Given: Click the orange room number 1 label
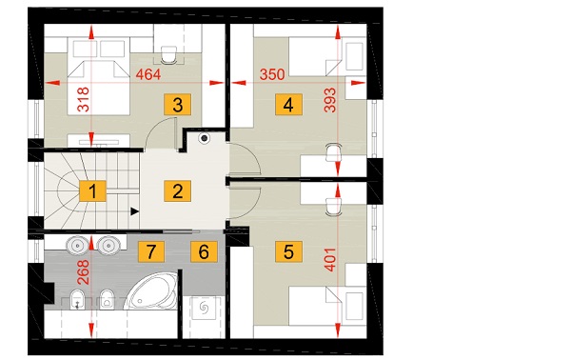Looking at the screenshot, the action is pos(93,190).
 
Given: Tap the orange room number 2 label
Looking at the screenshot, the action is pos(177,190).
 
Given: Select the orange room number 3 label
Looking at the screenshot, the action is pos(177,105).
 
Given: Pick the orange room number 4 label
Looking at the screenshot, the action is pos(288,105).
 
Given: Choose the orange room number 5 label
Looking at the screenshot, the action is pos(288,251).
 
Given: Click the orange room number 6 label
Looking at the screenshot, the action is pos(204,251).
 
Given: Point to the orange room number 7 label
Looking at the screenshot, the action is pos(151,251).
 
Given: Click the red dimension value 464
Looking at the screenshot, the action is pos(148,74).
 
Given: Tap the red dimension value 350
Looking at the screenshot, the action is pos(272,74).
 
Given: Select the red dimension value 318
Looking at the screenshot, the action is pos(84,99).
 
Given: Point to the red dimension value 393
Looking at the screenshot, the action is pos(330,100).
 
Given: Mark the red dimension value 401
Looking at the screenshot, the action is pos(330,259).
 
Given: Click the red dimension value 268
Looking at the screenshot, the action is pos(84,271).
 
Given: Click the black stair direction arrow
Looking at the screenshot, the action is pos(135,211).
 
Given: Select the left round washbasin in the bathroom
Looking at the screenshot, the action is pos(78,245).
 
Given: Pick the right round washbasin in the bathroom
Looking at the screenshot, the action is pos(108,245).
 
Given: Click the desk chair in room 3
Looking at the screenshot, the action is pos(168,54).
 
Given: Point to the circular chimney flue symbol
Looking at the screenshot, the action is pos(205,138).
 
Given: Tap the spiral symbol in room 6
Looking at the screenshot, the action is pos(205,309).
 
